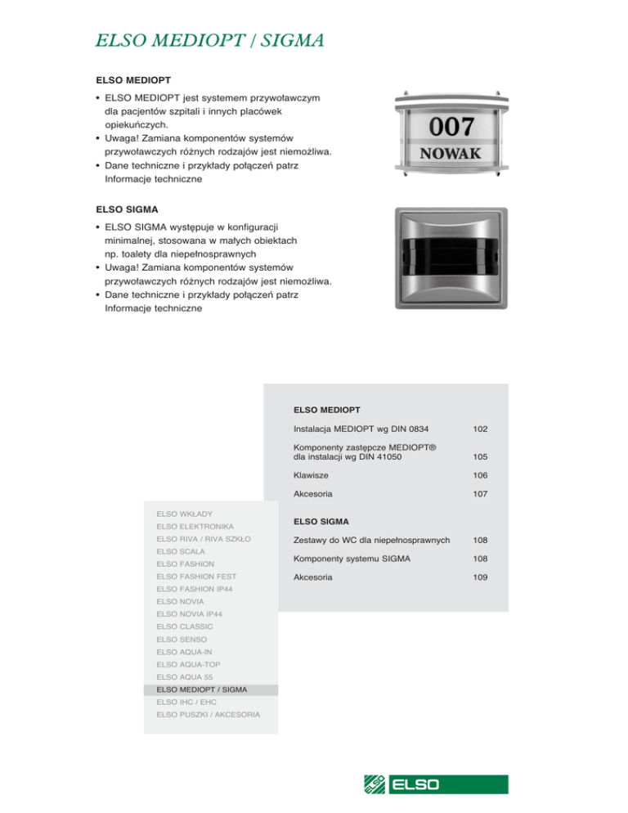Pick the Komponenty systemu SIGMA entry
352,559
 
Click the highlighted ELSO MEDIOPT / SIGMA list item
201,689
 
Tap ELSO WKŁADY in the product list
186,514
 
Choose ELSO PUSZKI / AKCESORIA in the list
209,715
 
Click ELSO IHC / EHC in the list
187,702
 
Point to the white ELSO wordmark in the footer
416,785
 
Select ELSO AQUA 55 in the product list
186,677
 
